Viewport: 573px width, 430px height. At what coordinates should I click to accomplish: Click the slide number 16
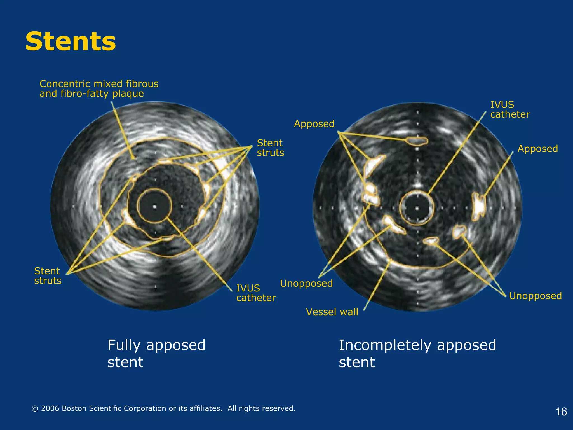561,412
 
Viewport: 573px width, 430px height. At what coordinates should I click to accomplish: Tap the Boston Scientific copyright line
163,408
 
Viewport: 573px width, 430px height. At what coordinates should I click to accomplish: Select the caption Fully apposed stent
156,353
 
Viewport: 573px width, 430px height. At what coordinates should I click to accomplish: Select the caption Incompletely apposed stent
417,353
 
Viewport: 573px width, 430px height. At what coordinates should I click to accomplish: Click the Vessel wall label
332,312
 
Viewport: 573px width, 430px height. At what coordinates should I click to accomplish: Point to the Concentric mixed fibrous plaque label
99,88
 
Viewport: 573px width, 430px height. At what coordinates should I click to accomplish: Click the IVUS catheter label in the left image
256,293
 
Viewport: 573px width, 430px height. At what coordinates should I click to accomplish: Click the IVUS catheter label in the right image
510,109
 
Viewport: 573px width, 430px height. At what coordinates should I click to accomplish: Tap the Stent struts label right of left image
270,148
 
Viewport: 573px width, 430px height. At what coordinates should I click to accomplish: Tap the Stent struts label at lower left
48,276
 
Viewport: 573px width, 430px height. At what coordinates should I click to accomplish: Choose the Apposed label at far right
537,149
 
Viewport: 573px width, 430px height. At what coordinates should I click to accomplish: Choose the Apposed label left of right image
314,124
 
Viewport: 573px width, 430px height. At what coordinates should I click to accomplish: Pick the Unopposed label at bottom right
535,296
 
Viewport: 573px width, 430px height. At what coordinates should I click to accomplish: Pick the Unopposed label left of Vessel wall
306,283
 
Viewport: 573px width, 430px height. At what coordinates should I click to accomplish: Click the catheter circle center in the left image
154,207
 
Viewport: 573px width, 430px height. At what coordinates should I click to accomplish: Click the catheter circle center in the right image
417,208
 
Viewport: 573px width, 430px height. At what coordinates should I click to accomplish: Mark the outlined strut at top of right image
417,141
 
